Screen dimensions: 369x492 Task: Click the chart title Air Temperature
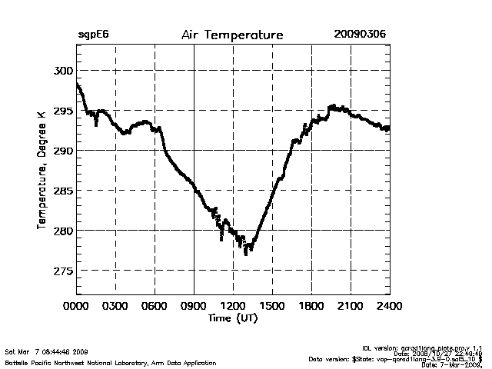[x=232, y=35]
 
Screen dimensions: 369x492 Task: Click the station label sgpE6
[x=94, y=35]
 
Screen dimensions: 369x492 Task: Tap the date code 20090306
[x=360, y=35]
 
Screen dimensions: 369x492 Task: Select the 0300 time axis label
[x=116, y=306]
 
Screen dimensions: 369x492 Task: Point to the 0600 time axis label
[x=155, y=306]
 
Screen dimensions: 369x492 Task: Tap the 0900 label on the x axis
[x=194, y=306]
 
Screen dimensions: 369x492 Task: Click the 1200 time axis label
[x=234, y=306]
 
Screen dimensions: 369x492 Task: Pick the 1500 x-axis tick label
[x=273, y=306]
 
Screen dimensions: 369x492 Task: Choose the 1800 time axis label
[x=312, y=306]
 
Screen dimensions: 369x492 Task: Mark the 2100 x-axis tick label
[x=351, y=306]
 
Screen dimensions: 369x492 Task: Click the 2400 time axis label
[x=390, y=306]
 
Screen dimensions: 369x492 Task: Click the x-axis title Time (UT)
[x=232, y=317]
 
